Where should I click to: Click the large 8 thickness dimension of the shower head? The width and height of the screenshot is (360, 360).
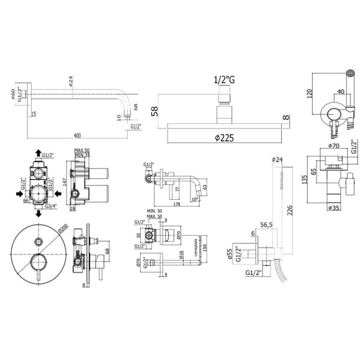coord(285,117)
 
